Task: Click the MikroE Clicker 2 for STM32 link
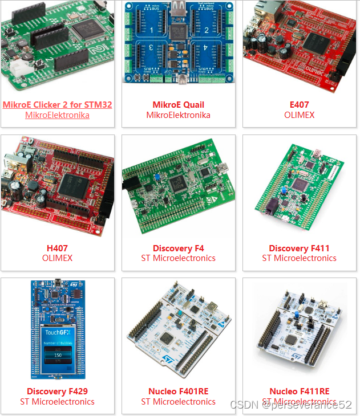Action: (57, 105)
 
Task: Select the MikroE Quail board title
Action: (178, 105)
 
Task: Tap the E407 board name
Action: (299, 105)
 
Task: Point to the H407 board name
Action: (57, 248)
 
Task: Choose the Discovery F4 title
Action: (178, 248)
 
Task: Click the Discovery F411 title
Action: (299, 248)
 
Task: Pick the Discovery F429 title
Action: (57, 391)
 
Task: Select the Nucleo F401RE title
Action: (178, 391)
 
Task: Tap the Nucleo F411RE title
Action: (299, 391)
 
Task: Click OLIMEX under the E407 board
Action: (299, 115)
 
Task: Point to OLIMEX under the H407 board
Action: (57, 258)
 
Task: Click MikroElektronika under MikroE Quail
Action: (178, 115)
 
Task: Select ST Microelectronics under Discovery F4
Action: (178, 258)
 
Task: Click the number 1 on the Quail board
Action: (152, 30)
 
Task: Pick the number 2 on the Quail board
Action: (206, 30)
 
